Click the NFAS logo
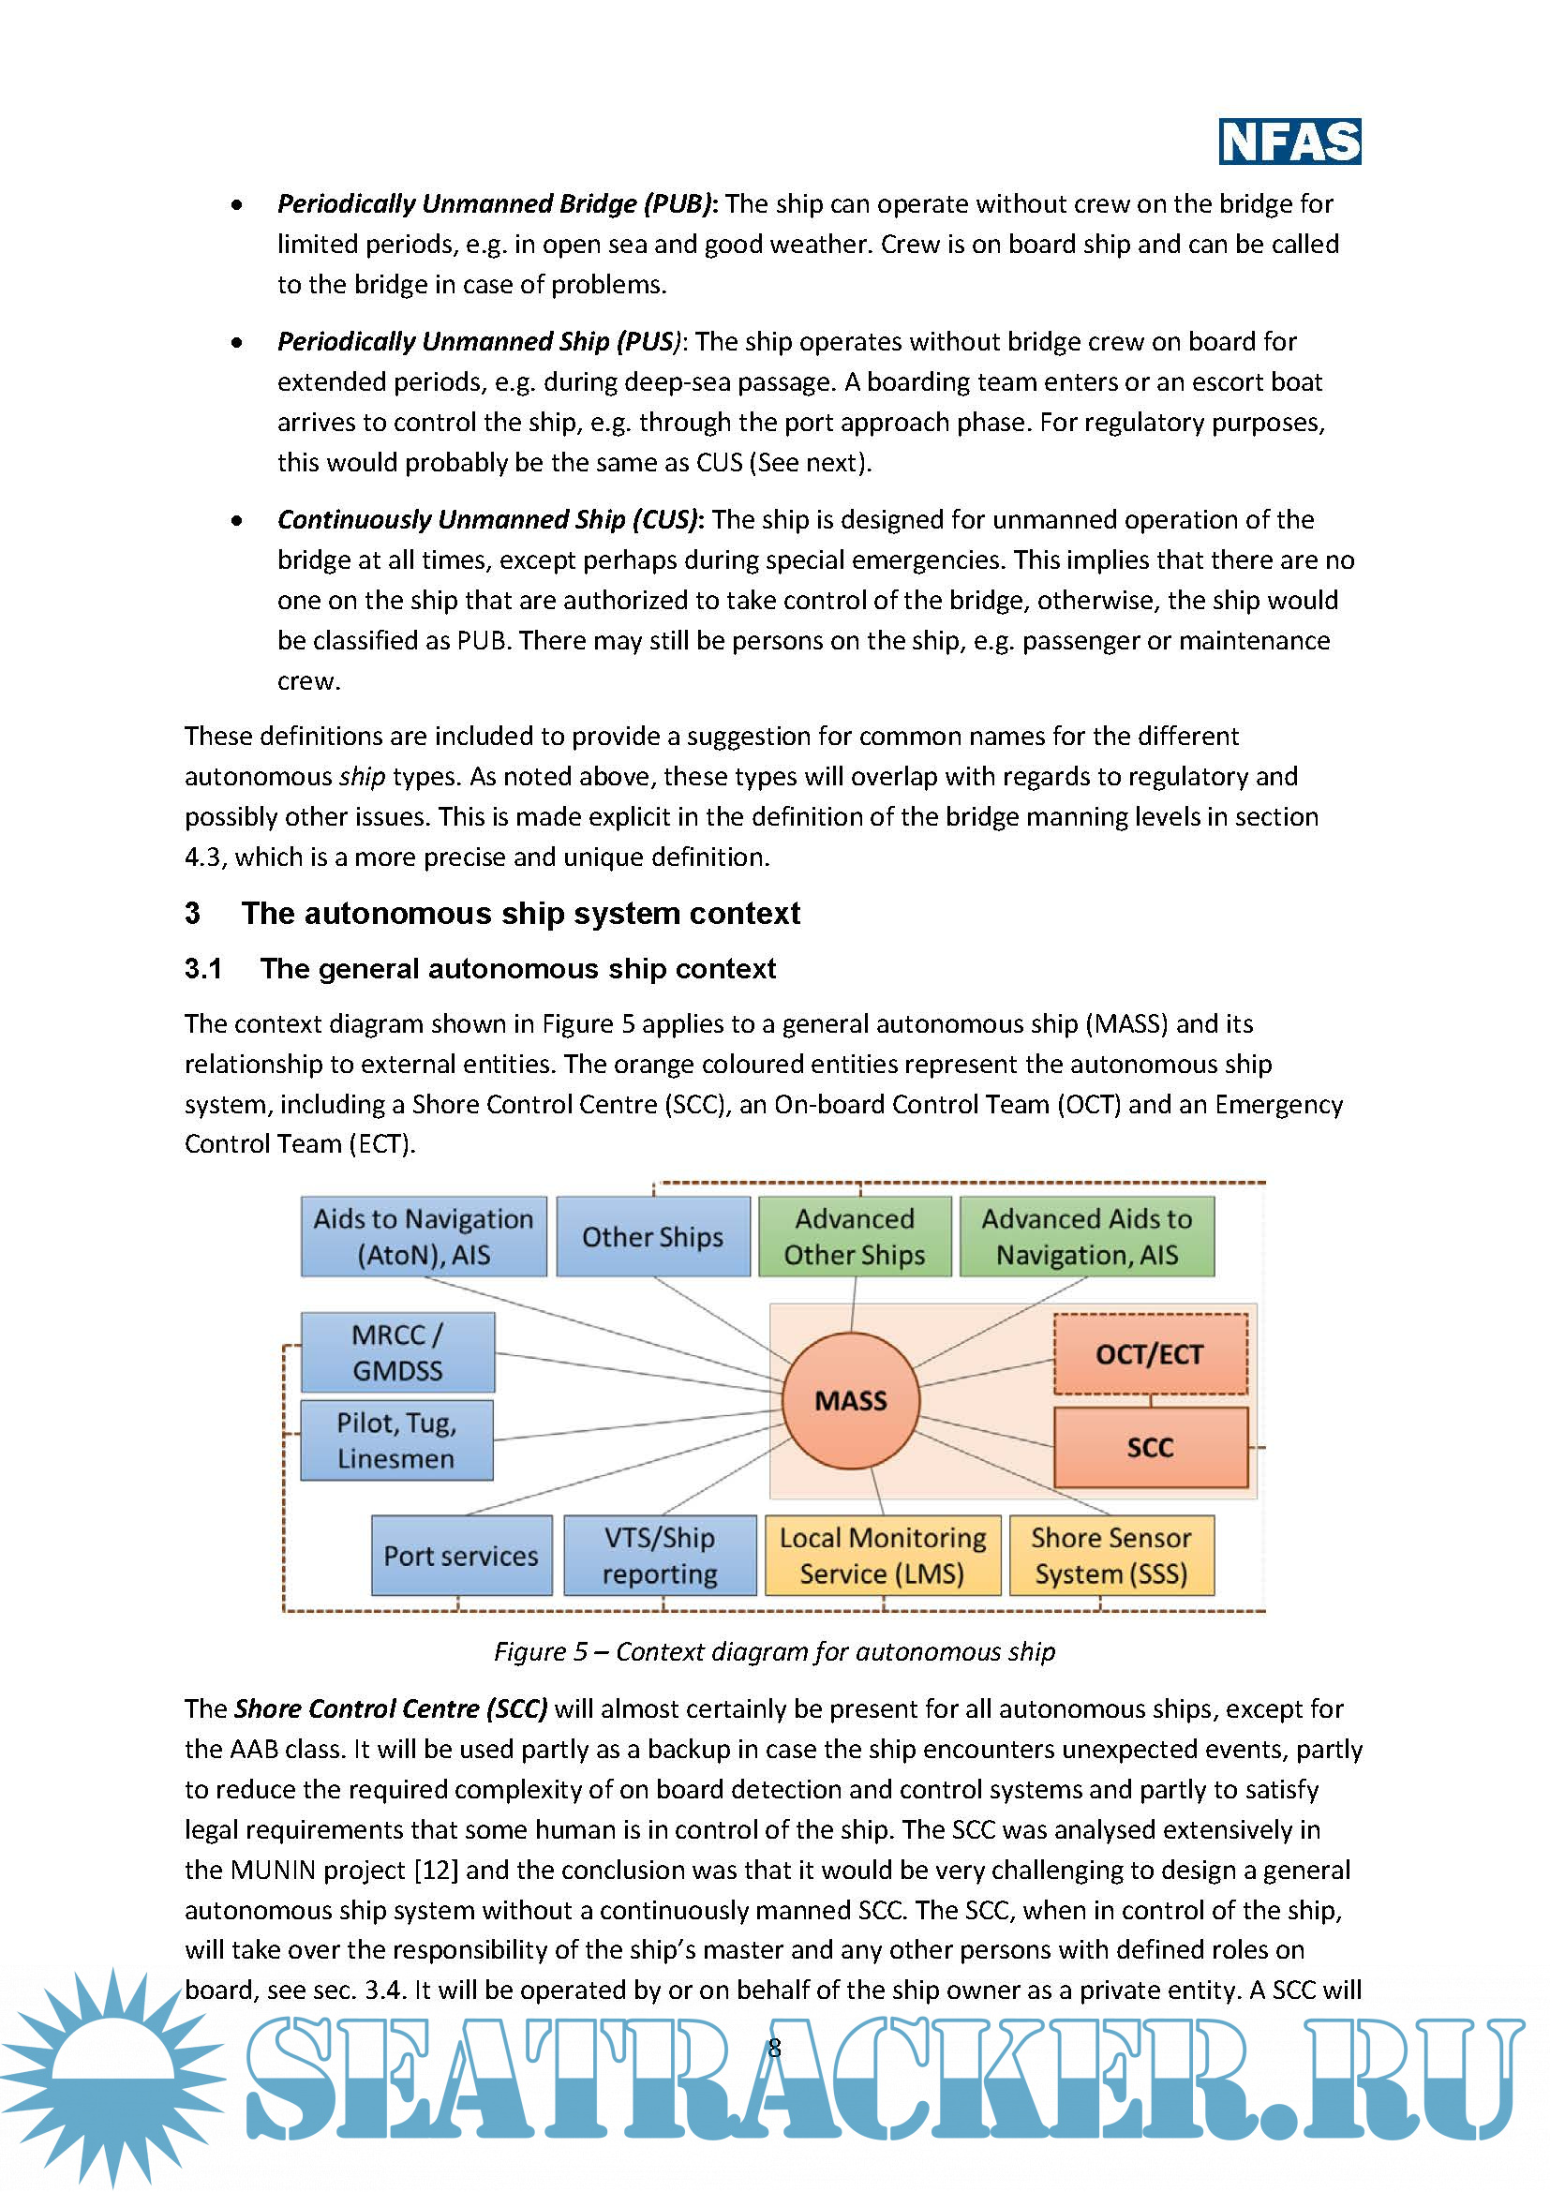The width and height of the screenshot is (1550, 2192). tap(1289, 142)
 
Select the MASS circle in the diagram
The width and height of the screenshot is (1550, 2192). tap(850, 1400)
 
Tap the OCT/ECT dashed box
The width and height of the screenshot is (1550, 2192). tap(1150, 1354)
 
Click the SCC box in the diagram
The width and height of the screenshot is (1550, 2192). tap(1150, 1447)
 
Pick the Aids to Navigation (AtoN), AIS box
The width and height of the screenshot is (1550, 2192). tap(424, 1236)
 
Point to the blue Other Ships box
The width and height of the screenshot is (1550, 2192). tap(653, 1236)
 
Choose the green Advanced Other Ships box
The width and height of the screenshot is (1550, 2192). tap(855, 1236)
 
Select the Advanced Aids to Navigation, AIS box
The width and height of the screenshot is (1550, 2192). tap(1087, 1236)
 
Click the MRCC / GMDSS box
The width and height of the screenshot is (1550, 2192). tap(398, 1352)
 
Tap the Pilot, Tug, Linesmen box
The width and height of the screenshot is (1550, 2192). tap(397, 1440)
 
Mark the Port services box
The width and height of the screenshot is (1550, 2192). tap(461, 1556)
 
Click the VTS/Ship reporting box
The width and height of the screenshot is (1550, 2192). tap(660, 1556)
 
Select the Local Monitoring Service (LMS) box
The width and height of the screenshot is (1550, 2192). tap(883, 1556)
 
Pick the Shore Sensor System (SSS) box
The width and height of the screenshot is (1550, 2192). tap(1111, 1556)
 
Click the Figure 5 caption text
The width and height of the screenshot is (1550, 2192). tap(774, 1651)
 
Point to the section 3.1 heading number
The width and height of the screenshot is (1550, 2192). tap(203, 969)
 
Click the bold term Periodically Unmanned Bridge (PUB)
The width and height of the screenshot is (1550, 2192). tap(495, 203)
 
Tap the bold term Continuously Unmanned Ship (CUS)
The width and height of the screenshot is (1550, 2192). tap(487, 519)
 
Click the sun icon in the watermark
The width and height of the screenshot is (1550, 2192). tap(112, 2077)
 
